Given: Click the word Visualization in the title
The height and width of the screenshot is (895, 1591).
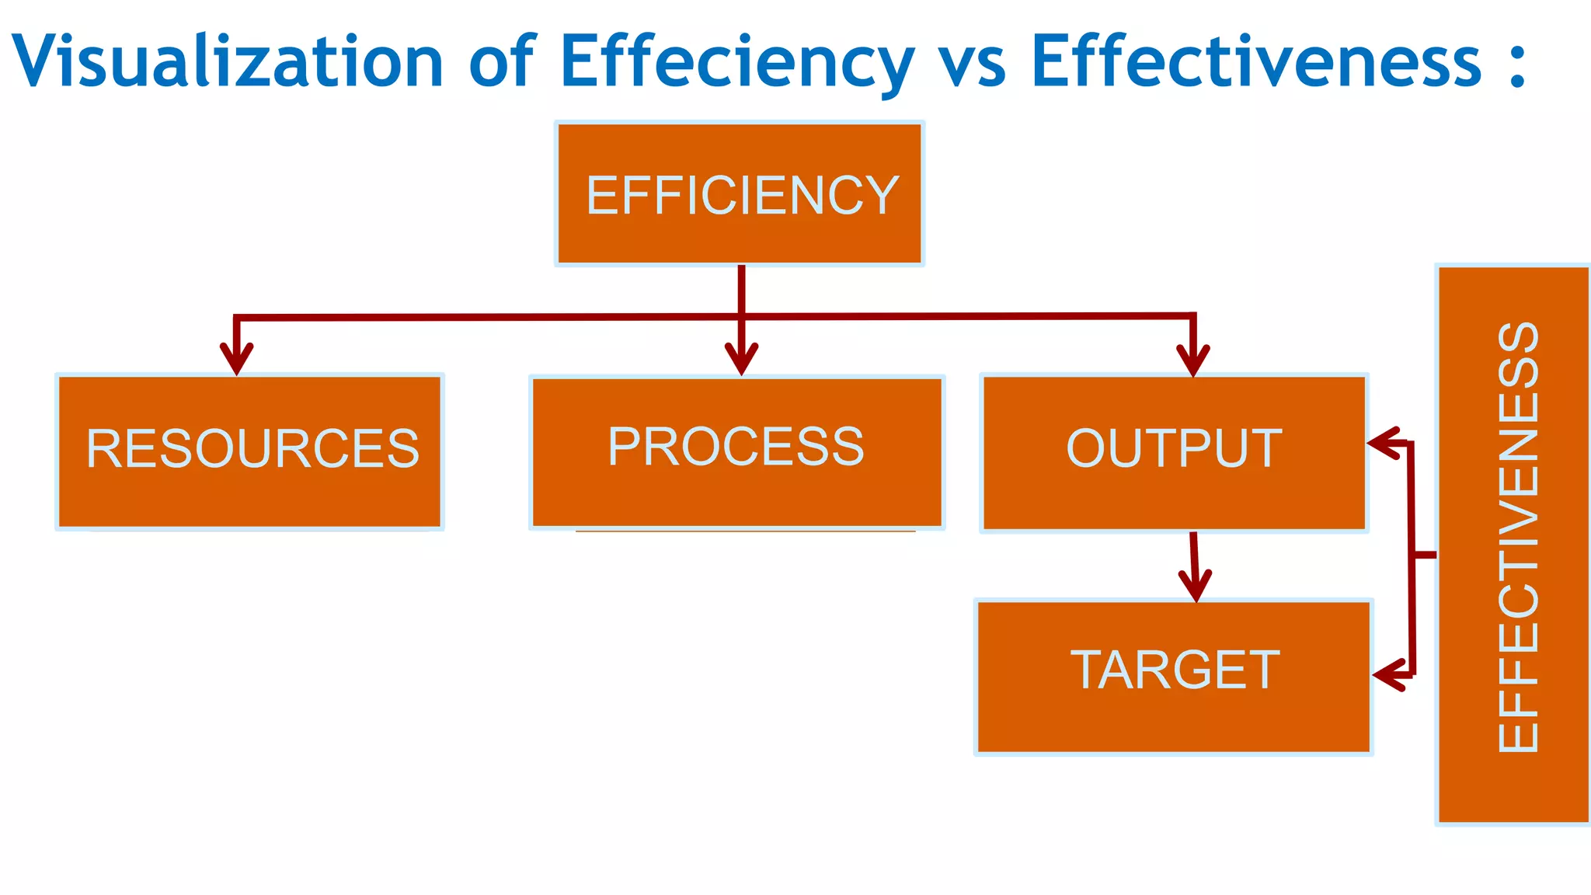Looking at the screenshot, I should point(227,61).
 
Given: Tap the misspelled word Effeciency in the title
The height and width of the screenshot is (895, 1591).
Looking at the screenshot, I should point(736,61).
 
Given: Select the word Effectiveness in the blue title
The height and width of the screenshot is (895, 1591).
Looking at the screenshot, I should point(1255,61).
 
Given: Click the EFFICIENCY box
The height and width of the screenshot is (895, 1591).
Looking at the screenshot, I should point(740,194).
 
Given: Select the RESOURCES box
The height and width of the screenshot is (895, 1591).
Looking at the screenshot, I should point(250,451).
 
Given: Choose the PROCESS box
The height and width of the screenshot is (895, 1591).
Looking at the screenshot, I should point(736,451).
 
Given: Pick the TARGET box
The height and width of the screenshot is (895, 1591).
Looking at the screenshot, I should point(1174,674).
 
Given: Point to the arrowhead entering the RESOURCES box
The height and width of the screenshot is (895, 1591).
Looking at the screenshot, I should point(236,360).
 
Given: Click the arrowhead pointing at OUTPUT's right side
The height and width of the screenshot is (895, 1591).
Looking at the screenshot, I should point(1383,443).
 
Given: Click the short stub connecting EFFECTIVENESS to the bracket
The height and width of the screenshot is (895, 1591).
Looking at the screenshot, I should point(1425,555).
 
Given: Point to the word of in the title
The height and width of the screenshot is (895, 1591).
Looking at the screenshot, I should point(502,61).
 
